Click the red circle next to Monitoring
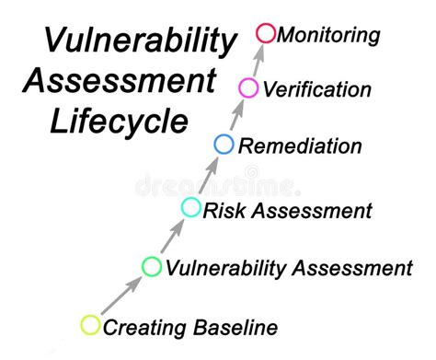[266, 34]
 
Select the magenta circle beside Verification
[247, 88]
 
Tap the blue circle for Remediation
[224, 144]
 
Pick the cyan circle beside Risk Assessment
[190, 207]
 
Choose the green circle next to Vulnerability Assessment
[151, 267]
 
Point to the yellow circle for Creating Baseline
[90, 324]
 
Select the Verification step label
[316, 90]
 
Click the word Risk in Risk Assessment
[222, 210]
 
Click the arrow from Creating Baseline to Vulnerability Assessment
[120, 296]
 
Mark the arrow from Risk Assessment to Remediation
[207, 175]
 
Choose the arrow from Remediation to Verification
[235, 116]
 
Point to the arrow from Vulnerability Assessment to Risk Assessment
[171, 237]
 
